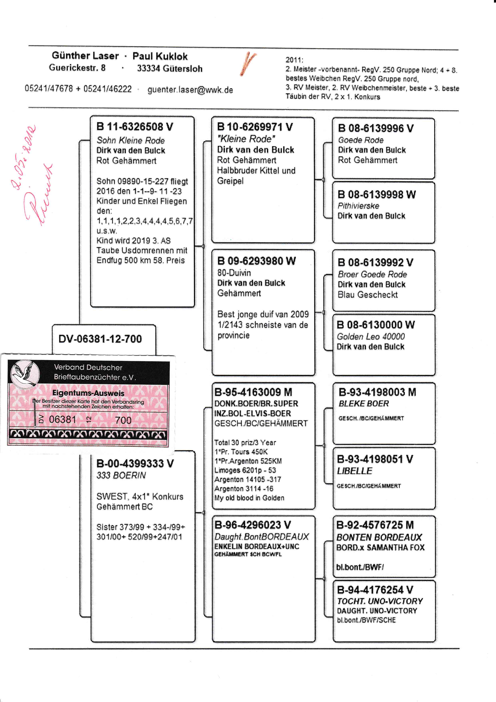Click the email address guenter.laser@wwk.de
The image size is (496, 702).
(190, 90)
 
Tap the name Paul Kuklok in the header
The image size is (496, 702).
(160, 56)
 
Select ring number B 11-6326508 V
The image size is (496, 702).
(135, 127)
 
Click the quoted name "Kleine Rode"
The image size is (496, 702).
(246, 139)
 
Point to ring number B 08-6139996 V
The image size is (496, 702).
(375, 129)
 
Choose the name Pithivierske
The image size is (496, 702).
(358, 206)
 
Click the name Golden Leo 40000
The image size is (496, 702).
(370, 337)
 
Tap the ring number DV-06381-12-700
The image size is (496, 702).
(100, 339)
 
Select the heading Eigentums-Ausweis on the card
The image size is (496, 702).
(88, 393)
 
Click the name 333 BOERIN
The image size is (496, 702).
(121, 475)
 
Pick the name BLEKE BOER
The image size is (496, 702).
(363, 404)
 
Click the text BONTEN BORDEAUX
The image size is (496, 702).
(379, 537)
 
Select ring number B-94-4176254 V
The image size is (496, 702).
(375, 590)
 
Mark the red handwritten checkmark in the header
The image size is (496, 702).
(249, 63)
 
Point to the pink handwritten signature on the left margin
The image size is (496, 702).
(40, 196)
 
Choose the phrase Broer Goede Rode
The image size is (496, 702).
(372, 274)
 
